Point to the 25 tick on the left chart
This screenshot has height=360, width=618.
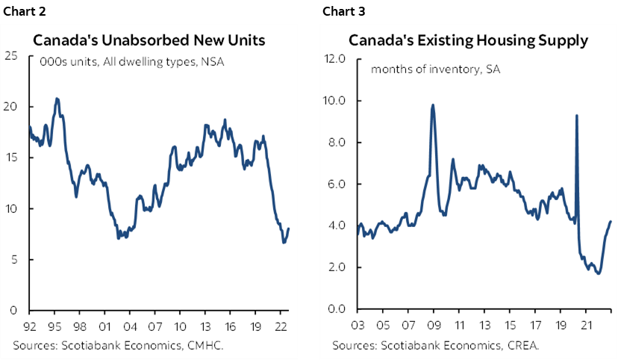(x=13, y=55)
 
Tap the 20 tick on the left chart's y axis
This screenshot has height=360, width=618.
(x=13, y=106)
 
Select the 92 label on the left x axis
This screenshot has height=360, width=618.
(x=30, y=326)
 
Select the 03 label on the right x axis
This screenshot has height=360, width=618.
(x=357, y=326)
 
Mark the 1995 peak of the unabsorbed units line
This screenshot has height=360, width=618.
(x=57, y=99)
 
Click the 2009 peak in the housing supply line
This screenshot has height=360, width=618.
(x=433, y=105)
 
